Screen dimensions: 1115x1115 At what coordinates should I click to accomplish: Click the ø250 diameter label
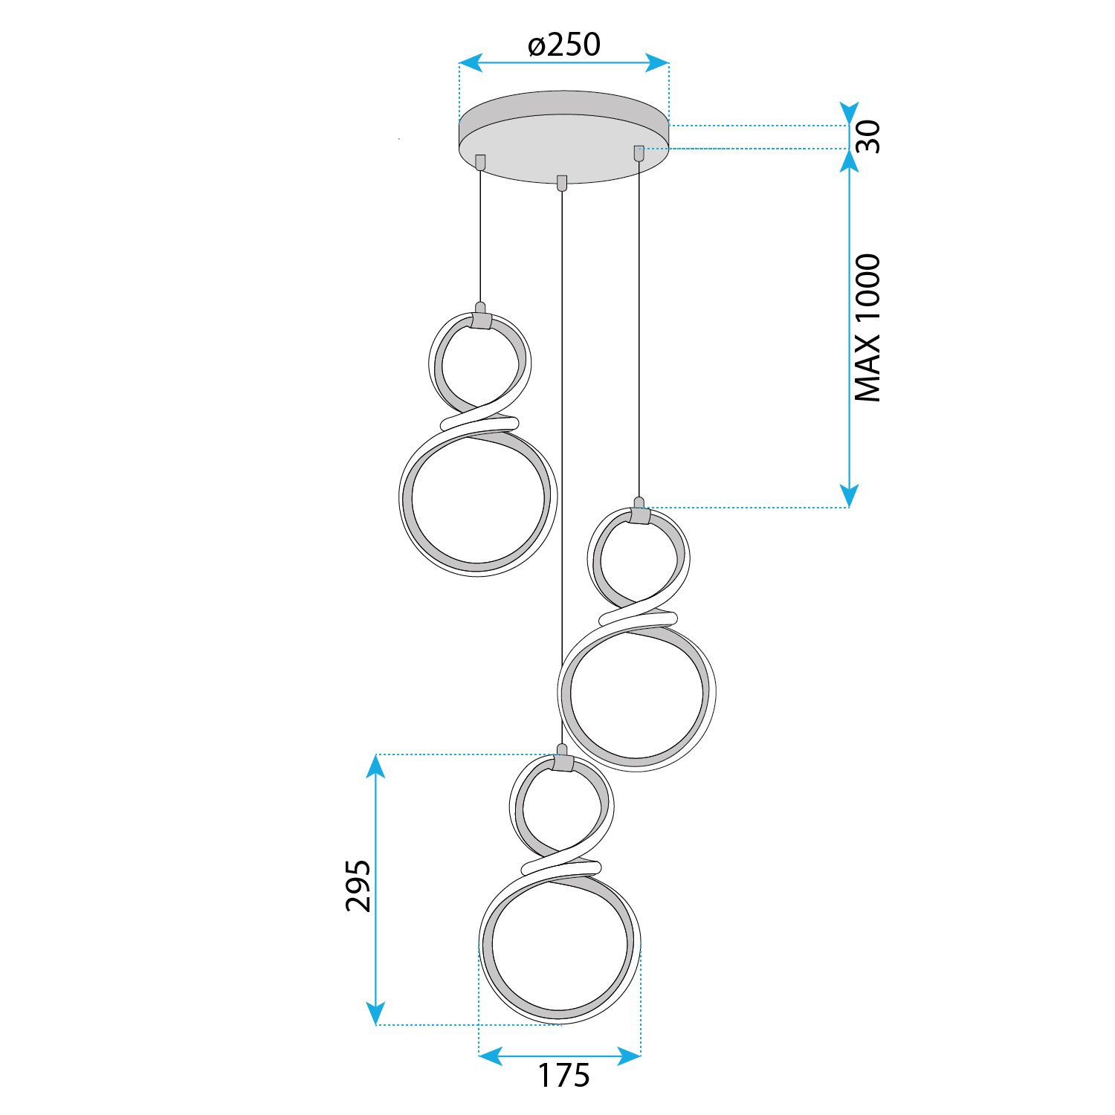[564, 45]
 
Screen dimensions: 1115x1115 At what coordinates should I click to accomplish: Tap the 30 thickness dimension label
[867, 137]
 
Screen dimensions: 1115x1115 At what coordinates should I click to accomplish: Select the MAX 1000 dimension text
[867, 328]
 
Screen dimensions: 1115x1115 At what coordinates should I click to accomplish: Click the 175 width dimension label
[563, 1076]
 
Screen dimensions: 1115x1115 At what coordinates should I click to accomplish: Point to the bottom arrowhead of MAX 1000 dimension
[849, 496]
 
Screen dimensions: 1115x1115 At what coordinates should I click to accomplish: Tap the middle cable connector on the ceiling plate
[562, 183]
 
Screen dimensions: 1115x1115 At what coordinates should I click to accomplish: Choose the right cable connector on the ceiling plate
[639, 152]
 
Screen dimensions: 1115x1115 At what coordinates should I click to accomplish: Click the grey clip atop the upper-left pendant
[481, 320]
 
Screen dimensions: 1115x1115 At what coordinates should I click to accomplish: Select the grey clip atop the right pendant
[639, 515]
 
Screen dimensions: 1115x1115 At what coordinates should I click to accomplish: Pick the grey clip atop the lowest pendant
[563, 763]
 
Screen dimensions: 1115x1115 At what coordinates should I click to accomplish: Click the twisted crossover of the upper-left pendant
[479, 422]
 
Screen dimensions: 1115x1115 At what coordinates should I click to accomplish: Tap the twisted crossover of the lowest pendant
[562, 867]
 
